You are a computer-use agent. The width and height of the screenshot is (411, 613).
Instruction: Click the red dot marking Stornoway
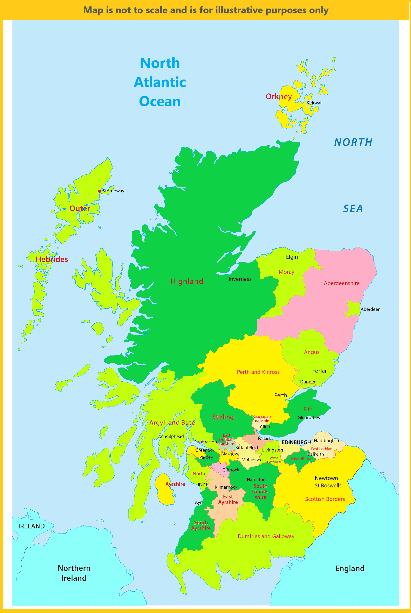100,191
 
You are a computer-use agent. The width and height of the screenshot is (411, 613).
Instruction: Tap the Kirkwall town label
314,103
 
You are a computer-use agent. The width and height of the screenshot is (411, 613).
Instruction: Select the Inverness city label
240,279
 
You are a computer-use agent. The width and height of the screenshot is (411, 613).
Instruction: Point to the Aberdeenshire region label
342,283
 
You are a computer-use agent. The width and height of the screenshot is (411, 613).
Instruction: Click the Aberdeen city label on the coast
370,309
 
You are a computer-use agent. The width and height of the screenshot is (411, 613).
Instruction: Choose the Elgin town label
292,257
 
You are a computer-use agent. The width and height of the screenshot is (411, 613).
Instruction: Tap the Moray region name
286,272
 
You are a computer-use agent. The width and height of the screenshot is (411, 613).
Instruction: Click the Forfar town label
319,371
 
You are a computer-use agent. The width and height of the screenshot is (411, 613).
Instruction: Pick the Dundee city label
308,382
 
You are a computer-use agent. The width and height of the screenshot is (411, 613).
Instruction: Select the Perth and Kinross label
258,372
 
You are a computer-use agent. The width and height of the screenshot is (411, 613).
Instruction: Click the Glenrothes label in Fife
309,418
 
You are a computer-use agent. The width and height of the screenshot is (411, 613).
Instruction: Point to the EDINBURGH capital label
296,442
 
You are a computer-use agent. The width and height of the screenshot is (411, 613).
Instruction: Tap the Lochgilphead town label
170,436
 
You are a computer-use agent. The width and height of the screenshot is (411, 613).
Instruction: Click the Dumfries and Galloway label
266,536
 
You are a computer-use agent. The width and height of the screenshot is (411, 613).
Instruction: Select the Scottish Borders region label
325,499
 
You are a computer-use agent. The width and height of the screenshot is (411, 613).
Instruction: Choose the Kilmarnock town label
226,487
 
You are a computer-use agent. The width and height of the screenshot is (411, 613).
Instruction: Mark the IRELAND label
31,526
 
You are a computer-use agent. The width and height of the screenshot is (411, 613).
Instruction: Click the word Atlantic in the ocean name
160,82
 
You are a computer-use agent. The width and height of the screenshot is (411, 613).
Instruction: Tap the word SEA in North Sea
353,209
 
